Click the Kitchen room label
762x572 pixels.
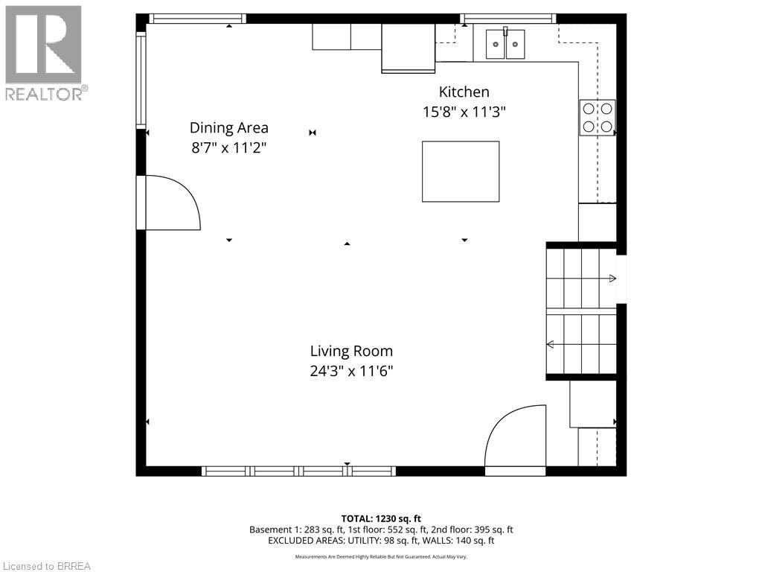tap(464, 92)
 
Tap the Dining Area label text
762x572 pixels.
tap(229, 128)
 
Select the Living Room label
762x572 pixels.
tap(351, 352)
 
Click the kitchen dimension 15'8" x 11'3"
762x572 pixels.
tap(464, 112)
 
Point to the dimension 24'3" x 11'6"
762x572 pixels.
tap(351, 372)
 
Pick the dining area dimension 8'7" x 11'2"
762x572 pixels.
tap(229, 148)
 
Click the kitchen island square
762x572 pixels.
tap(461, 171)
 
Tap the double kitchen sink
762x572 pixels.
tap(505, 44)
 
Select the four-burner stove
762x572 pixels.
tap(598, 118)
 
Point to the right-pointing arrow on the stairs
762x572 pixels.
tap(582, 279)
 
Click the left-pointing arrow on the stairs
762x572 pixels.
tap(581, 344)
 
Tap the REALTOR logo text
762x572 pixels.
tap(47, 94)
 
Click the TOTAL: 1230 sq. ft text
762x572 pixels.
tap(381, 518)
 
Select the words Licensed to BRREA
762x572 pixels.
tap(47, 566)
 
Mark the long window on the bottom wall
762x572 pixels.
tap(299, 471)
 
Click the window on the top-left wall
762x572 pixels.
tap(197, 19)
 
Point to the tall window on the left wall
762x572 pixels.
tap(141, 80)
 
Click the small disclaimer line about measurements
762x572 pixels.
tap(381, 556)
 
